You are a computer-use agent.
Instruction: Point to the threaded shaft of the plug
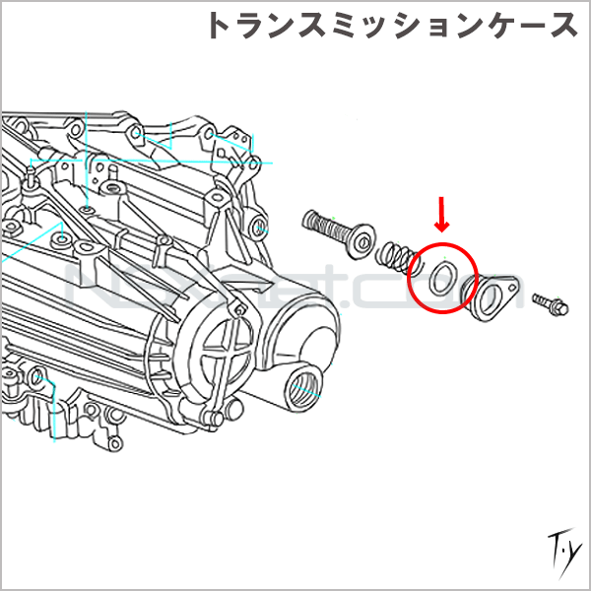coord(330,229)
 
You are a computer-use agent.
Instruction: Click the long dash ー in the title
coord(521,26)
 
